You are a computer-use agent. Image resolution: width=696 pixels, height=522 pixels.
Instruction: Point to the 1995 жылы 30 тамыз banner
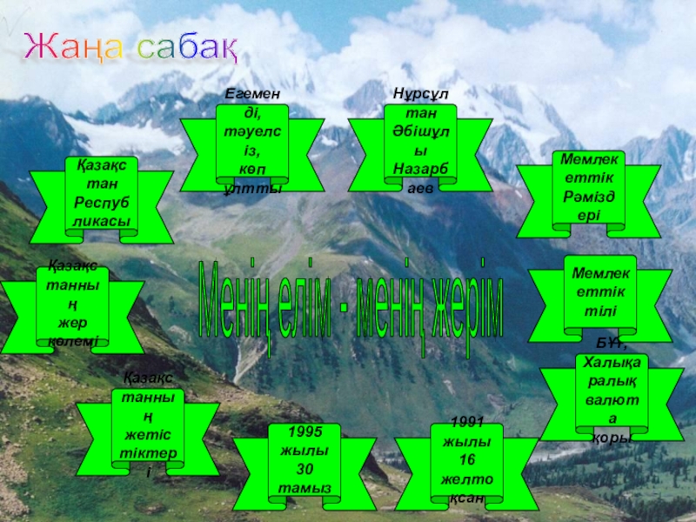304,471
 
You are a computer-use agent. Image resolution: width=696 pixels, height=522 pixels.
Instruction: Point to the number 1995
304,432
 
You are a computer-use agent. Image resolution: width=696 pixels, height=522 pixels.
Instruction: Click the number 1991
467,423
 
